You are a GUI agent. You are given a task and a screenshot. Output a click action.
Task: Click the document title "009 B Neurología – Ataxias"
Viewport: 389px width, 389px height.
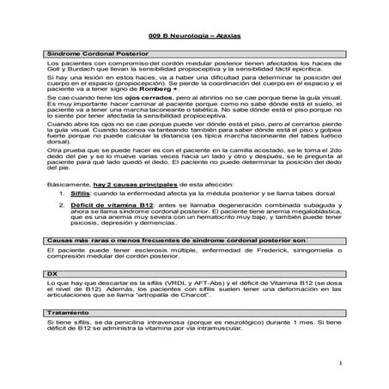coord(194,40)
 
